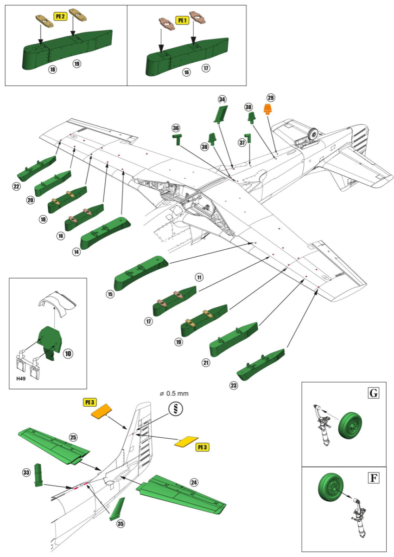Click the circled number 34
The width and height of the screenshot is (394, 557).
tap(222, 99)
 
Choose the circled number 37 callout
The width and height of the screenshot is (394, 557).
tap(242, 142)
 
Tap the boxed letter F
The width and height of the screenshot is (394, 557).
tap(373, 477)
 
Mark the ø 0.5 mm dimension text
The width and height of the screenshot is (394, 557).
tap(174, 394)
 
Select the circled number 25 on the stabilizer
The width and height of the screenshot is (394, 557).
tap(73, 437)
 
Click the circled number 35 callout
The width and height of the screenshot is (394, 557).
tap(121, 523)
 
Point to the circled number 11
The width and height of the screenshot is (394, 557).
tap(199, 278)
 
